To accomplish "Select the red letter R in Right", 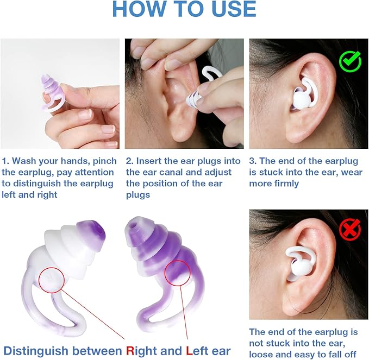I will [x=130, y=351].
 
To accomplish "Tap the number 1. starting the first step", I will [x=5, y=161].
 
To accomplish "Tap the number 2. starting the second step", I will [x=130, y=161].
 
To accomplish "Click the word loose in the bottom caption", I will [x=261, y=353].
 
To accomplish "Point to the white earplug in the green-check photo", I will [x=299, y=98].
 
